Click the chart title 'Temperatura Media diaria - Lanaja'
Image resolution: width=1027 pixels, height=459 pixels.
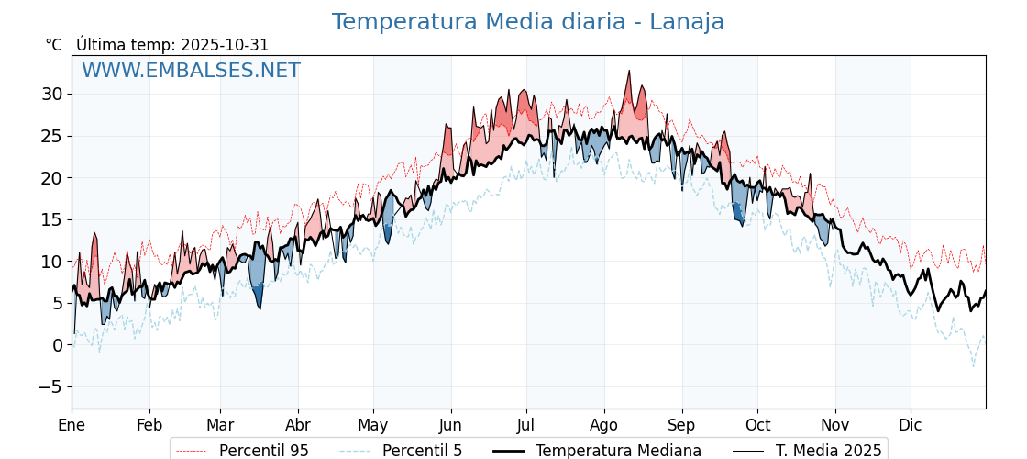pos(527,22)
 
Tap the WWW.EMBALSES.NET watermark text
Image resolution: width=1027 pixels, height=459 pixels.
pos(191,71)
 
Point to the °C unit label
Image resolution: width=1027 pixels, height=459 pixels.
pos(54,45)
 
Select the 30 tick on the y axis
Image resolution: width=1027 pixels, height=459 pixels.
pos(51,94)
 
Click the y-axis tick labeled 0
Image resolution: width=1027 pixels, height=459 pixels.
pos(58,345)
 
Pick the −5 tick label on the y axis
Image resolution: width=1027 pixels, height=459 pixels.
pos(50,386)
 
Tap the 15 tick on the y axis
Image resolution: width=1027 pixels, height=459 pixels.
pos(51,219)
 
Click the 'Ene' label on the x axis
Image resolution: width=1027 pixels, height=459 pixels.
pos(72,425)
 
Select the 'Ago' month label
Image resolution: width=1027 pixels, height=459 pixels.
pos(604,425)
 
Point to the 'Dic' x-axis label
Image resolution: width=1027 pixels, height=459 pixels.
pos(911,425)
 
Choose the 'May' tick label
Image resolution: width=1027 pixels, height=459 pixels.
pos(373,425)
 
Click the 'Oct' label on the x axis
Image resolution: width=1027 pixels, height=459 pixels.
pos(757,425)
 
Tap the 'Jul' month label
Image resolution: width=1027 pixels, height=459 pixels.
pos(526,425)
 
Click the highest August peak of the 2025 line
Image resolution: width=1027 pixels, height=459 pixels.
pos(629,71)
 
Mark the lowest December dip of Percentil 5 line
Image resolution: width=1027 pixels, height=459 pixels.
pos(974,366)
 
